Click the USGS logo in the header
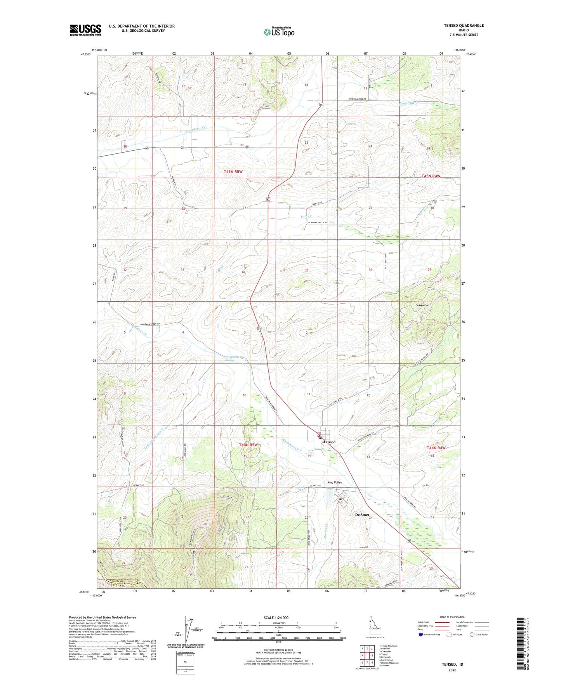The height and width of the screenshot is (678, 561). pos(85,30)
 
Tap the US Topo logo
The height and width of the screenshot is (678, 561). pos(279,32)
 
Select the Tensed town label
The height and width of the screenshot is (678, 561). pos(330,442)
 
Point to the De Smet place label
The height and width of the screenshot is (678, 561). pos(362,515)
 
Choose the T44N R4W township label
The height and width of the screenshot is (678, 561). pos(436,448)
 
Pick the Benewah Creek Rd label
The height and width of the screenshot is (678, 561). pos(318,223)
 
